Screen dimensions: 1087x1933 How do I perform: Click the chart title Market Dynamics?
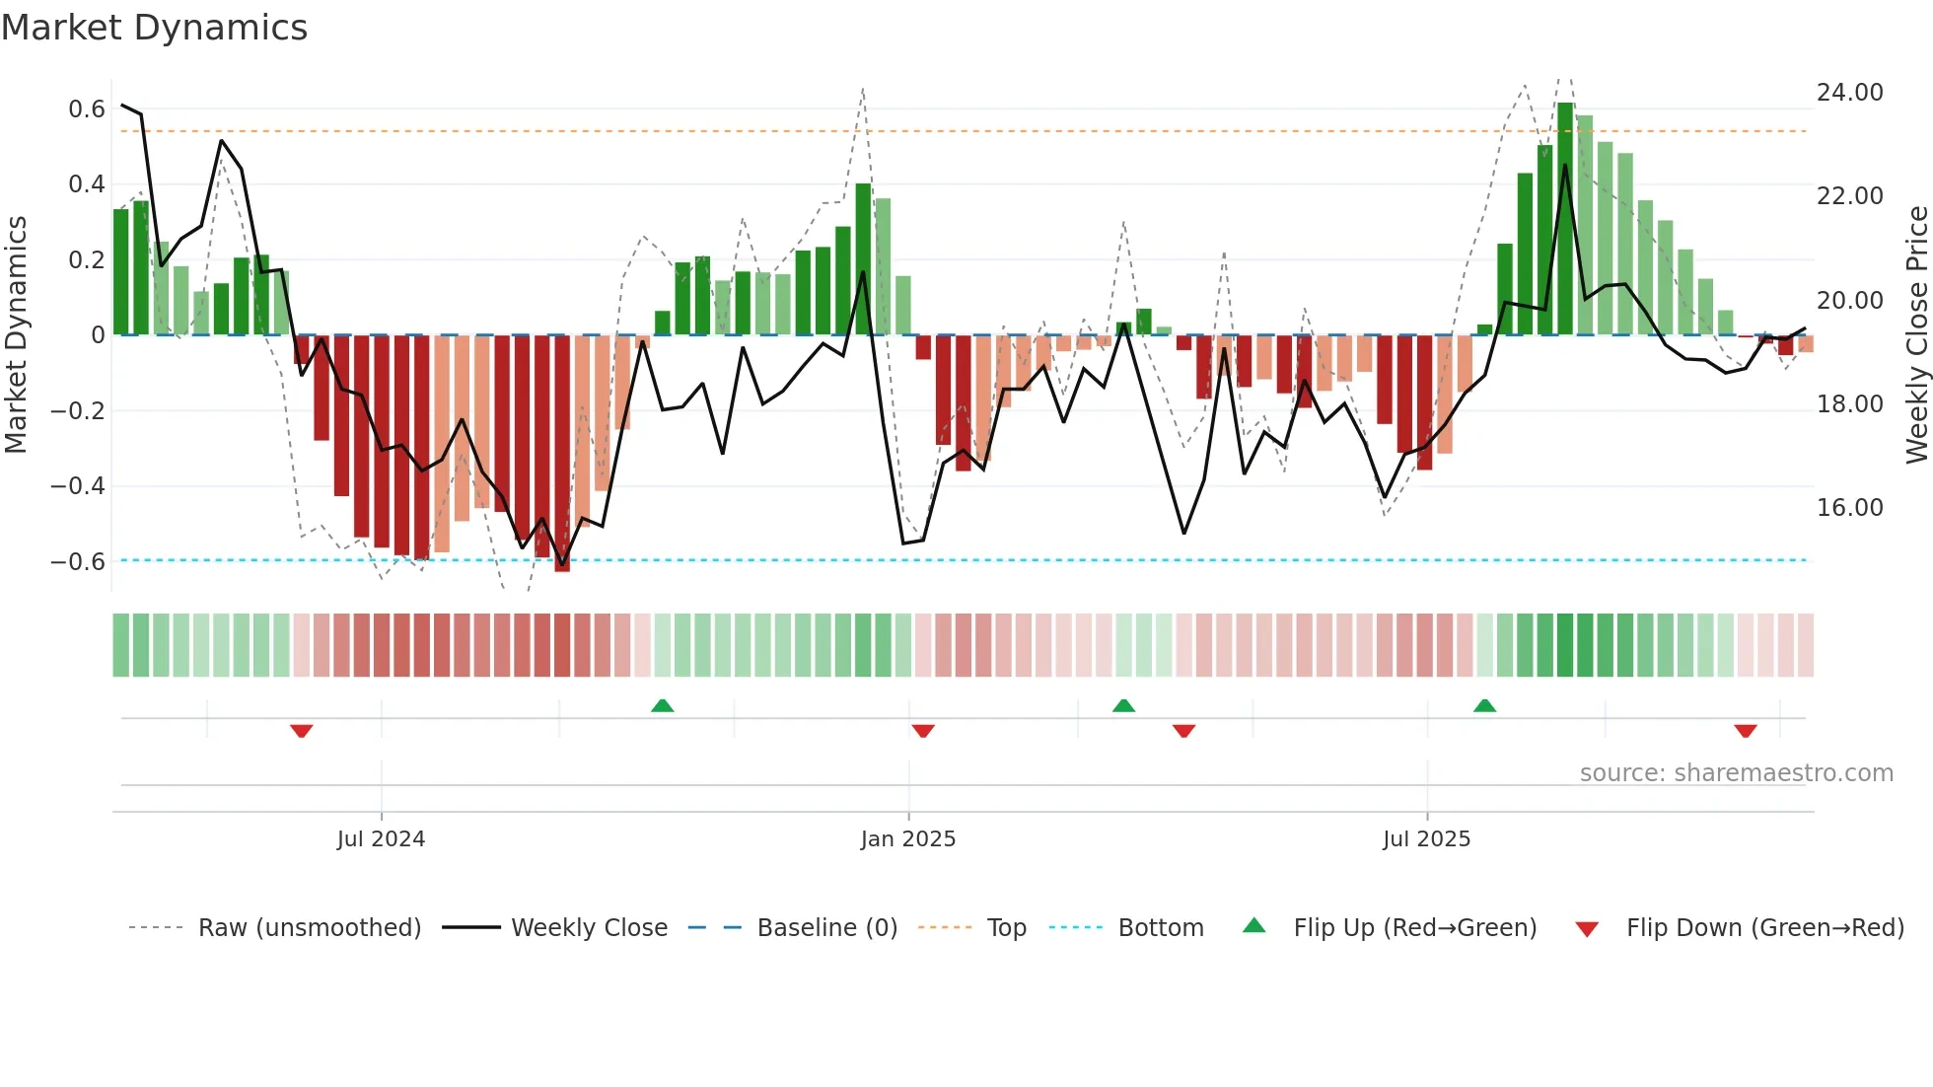click(154, 28)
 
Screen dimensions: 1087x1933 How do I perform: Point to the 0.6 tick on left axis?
click(86, 109)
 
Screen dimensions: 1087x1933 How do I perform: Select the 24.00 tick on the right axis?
click(1849, 93)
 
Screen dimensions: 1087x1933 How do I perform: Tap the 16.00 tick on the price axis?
click(1849, 508)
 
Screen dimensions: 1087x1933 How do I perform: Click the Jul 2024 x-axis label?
click(381, 839)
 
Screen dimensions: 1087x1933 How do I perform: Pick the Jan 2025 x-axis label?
click(907, 839)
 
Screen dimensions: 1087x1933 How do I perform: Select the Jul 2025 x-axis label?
click(1426, 839)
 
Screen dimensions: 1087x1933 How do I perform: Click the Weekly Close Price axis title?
click(1916, 335)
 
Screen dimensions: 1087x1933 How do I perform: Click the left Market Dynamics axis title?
click(16, 335)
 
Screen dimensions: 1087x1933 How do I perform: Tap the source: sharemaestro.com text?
click(1736, 773)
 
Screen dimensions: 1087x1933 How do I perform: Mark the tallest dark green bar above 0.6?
click(1565, 217)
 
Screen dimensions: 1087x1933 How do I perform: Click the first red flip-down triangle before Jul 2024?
click(302, 731)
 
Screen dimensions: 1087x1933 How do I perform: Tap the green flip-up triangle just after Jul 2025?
click(1484, 705)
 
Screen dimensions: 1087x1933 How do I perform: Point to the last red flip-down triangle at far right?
click(1746, 731)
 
